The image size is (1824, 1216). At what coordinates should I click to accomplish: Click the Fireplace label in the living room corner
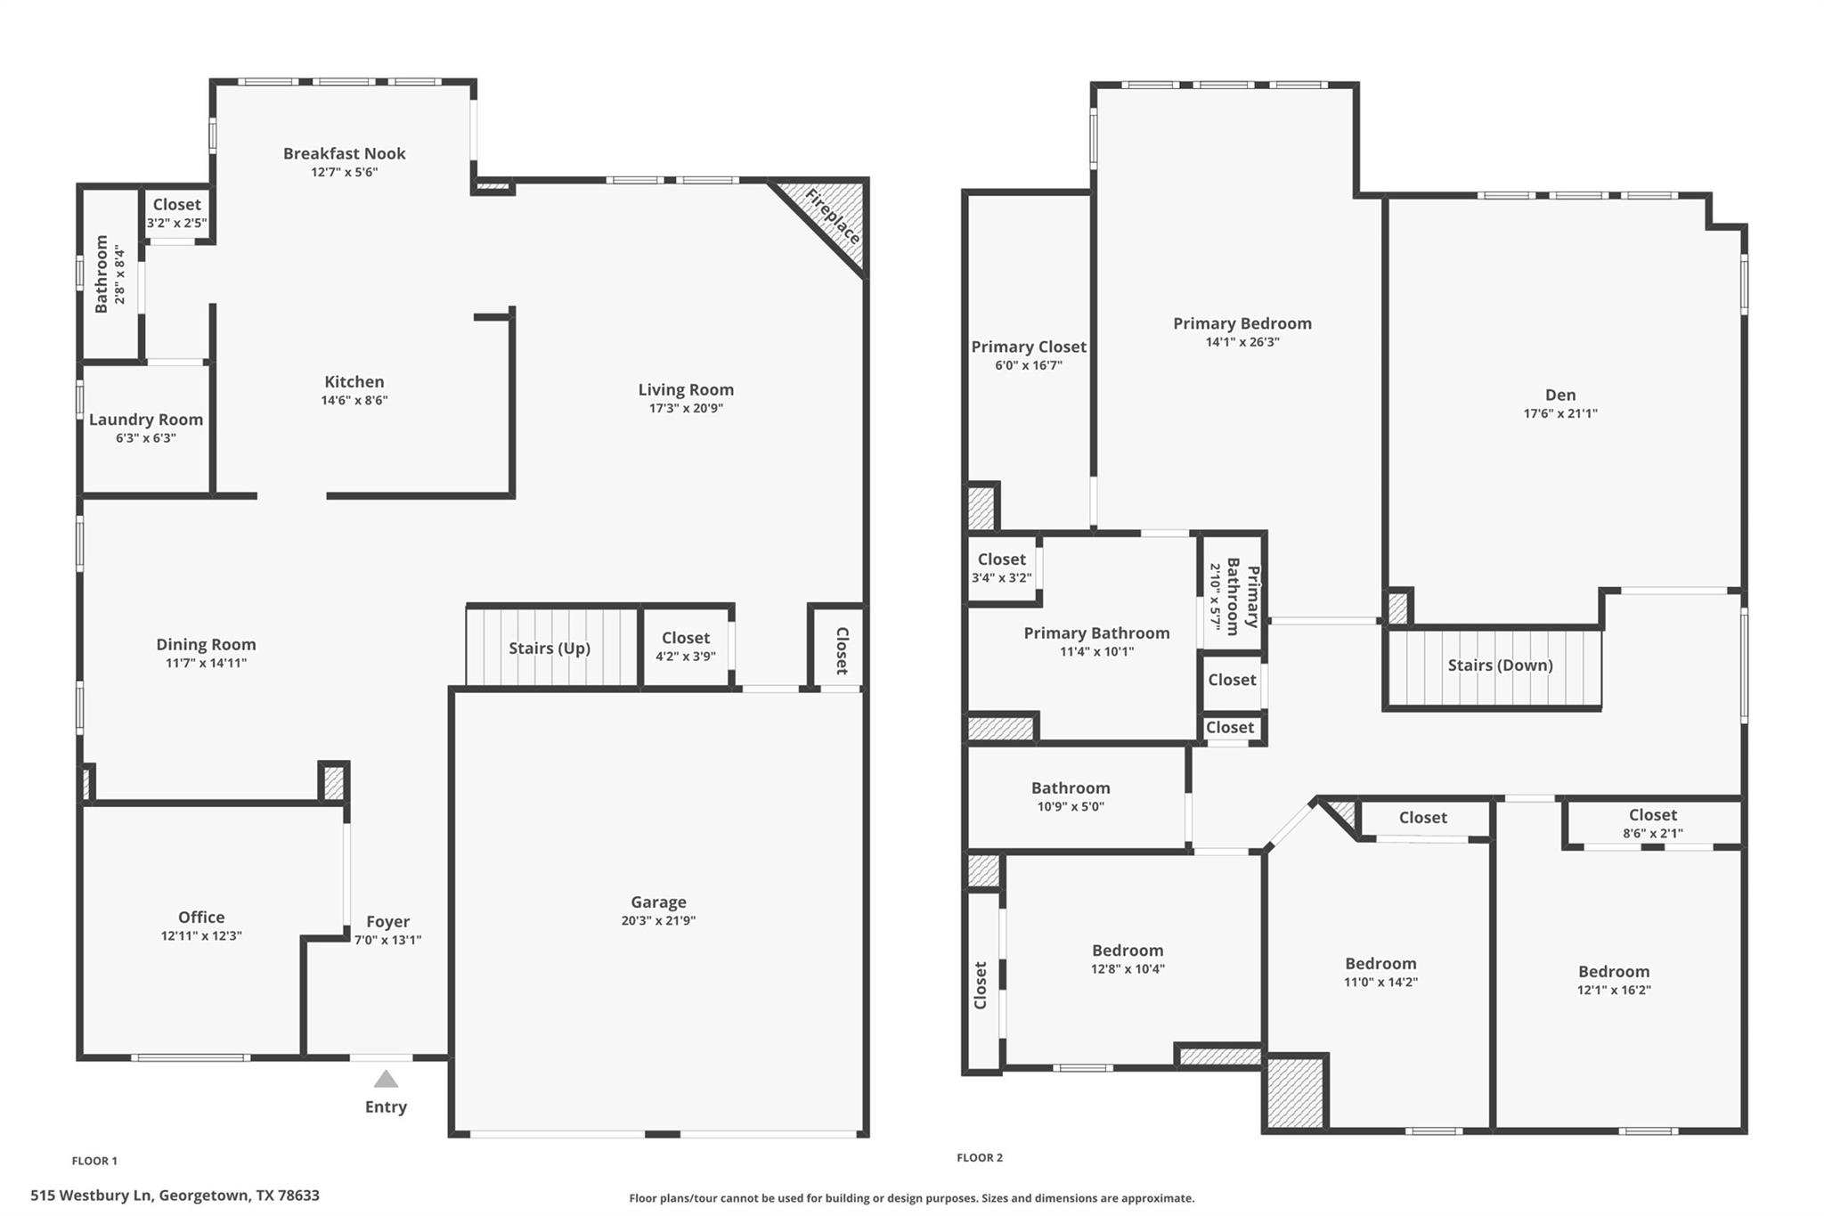click(x=833, y=216)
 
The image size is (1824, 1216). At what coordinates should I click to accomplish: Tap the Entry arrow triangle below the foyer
click(x=386, y=1080)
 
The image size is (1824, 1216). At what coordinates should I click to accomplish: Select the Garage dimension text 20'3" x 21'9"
click(x=658, y=921)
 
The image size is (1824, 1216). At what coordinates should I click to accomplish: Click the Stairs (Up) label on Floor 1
click(x=550, y=649)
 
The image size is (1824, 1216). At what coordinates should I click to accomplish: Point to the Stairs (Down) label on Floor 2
click(x=1500, y=665)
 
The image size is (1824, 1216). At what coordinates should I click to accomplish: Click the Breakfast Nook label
click(x=345, y=153)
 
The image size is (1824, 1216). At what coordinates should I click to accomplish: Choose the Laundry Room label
click(x=146, y=420)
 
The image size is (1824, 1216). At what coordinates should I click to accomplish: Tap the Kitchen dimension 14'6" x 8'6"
click(x=354, y=401)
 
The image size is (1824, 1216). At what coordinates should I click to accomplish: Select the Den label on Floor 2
click(x=1560, y=395)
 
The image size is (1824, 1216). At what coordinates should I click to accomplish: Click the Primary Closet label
click(x=1029, y=347)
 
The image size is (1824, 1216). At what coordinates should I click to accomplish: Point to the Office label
click(x=201, y=917)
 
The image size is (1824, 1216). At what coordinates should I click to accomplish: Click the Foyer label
click(x=387, y=922)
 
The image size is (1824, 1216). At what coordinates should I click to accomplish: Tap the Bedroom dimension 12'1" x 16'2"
click(x=1614, y=990)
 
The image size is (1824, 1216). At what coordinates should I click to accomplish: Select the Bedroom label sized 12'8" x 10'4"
click(x=1128, y=951)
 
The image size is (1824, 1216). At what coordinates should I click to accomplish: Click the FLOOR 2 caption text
click(x=980, y=1158)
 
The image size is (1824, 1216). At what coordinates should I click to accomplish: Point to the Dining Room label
click(x=206, y=644)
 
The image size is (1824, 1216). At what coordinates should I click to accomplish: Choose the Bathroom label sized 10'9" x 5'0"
click(x=1071, y=788)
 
